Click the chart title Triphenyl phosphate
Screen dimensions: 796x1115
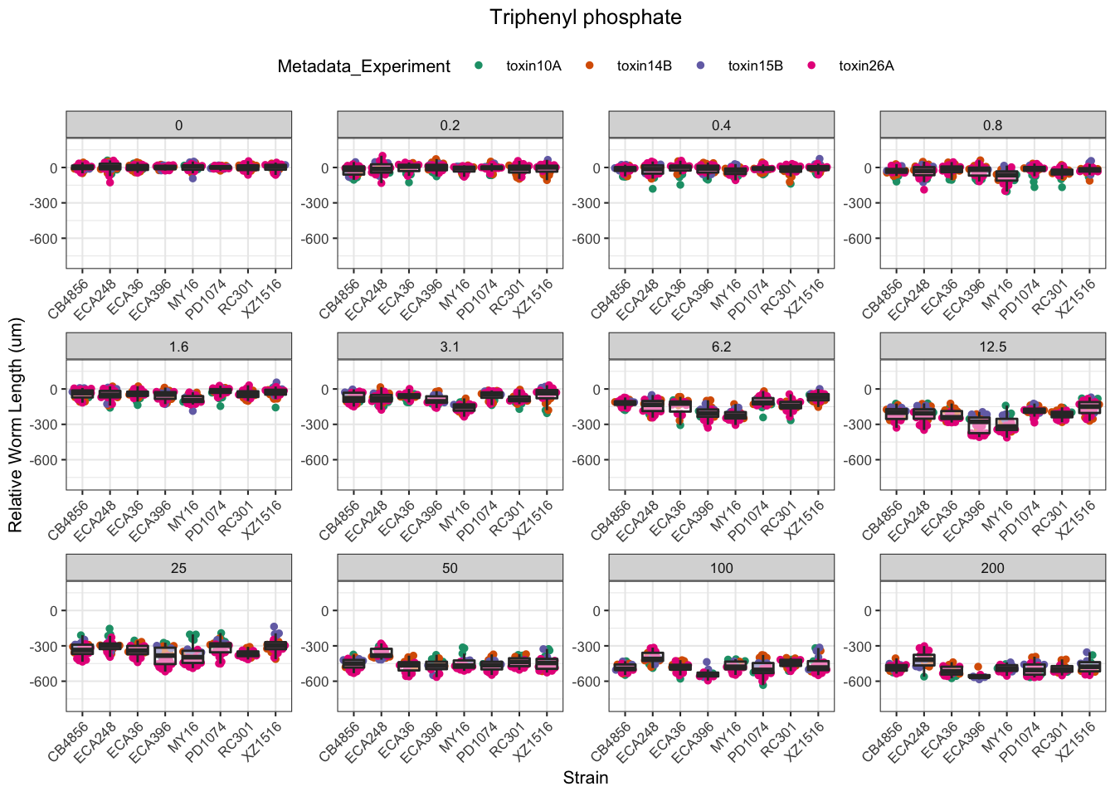[585, 17]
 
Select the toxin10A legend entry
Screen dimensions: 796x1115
[533, 66]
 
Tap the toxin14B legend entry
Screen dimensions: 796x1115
[644, 66]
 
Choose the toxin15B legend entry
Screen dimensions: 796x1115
[755, 66]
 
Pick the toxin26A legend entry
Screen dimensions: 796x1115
[866, 66]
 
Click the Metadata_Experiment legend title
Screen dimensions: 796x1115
[363, 66]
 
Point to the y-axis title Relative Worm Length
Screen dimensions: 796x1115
[16, 425]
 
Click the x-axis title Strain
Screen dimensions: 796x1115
[585, 778]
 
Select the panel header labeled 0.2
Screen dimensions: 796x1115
[450, 125]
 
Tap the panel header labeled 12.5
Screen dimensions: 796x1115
[992, 347]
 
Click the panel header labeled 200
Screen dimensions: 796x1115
[992, 568]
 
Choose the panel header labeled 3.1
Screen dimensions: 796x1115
[450, 347]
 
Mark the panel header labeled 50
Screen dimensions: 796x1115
[450, 568]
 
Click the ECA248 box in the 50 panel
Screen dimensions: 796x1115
[381, 653]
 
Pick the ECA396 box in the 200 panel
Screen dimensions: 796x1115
[979, 677]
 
